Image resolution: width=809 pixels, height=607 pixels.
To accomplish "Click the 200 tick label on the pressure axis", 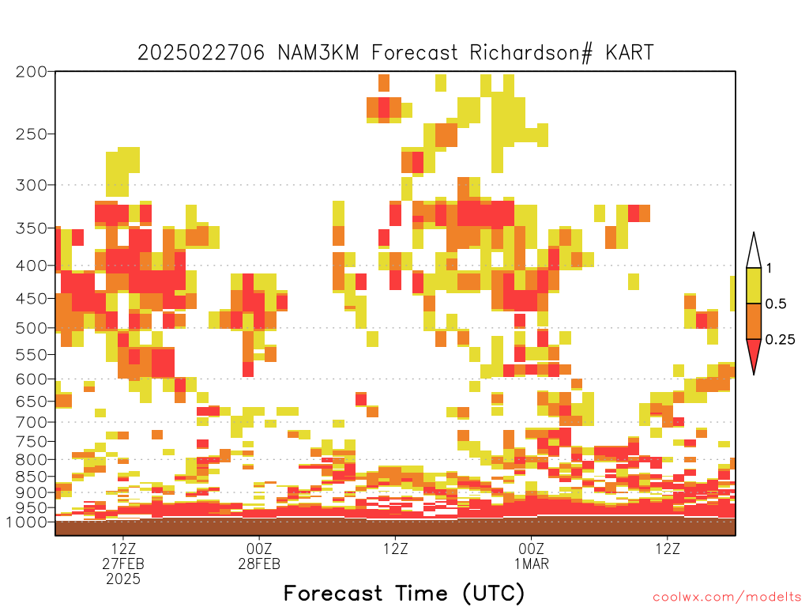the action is click(x=31, y=72).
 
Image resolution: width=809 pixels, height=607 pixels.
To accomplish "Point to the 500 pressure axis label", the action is click(x=31, y=328).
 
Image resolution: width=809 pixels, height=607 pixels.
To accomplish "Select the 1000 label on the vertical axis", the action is click(x=27, y=522).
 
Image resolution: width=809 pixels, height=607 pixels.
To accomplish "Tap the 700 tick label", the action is click(x=31, y=422).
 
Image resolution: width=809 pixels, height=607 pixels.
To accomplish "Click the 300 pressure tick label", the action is click(x=31, y=185).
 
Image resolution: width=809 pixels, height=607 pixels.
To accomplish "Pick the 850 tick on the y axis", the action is click(x=31, y=477).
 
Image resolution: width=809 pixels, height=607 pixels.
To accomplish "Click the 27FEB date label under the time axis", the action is click(x=123, y=564).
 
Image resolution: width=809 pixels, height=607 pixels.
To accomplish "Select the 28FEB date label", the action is click(x=259, y=564).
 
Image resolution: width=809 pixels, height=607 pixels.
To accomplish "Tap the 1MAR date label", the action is click(x=532, y=564).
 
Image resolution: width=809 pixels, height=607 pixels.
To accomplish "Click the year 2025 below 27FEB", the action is click(x=123, y=579).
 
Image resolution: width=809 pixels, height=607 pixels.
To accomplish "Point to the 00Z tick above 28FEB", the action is click(x=259, y=549).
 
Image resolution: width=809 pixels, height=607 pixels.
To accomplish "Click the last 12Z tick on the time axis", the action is click(x=668, y=549).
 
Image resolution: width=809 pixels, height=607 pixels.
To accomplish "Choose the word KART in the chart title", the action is click(x=630, y=53).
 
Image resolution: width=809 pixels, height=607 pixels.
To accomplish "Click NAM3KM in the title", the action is click(x=318, y=53).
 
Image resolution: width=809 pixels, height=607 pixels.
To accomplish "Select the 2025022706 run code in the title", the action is click(x=201, y=53).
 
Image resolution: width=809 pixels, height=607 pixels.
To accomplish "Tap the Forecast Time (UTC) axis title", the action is click(x=404, y=594).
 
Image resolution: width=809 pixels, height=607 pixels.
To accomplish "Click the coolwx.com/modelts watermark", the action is click(x=728, y=598).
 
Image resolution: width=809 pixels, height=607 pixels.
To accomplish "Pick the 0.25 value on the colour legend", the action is click(x=780, y=340).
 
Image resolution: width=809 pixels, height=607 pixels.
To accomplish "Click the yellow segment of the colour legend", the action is click(x=754, y=285).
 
